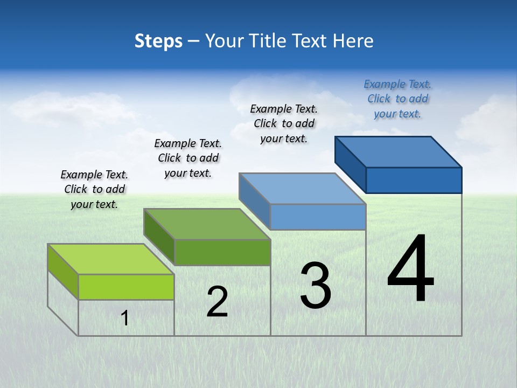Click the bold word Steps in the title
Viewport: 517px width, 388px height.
click(158, 41)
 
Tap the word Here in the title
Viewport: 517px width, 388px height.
click(353, 41)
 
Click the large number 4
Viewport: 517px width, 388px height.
click(410, 269)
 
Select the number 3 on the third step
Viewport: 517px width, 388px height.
click(316, 286)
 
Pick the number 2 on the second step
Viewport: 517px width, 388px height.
click(217, 302)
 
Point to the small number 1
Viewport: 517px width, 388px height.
click(125, 318)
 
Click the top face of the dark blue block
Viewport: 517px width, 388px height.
click(399, 151)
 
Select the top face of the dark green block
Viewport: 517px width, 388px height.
click(207, 224)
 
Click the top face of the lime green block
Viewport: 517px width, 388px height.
click(111, 259)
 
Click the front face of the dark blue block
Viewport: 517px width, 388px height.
click(414, 180)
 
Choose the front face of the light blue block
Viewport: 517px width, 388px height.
click(318, 217)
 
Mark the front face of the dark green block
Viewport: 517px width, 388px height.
click(222, 252)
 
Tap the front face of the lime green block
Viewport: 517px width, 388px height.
click(126, 287)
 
